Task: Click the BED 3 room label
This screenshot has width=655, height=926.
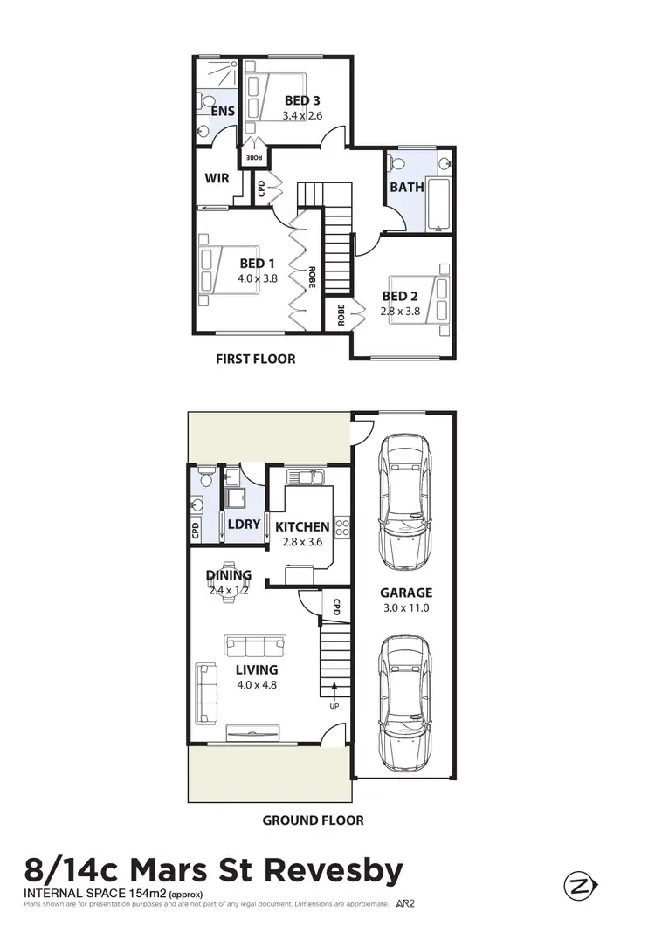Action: point(301,100)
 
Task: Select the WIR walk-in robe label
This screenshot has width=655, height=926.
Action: point(217,178)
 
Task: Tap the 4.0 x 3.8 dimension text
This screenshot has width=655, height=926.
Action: point(258,279)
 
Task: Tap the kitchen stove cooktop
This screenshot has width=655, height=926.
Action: point(343,527)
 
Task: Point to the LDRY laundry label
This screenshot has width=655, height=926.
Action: point(244,525)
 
